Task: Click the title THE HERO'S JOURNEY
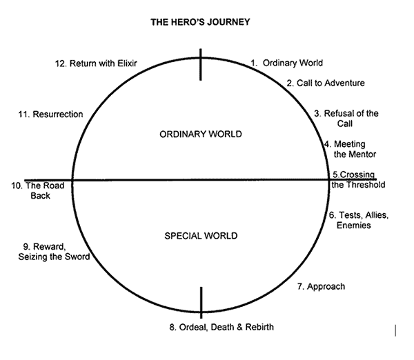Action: pos(200,22)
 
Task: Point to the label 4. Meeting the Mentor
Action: pos(350,149)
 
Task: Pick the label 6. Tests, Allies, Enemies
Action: pos(359,220)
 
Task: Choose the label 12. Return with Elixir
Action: pos(96,63)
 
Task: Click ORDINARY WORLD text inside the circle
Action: pos(200,134)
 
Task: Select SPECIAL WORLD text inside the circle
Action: pos(201,236)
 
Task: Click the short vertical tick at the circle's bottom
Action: pos(201,301)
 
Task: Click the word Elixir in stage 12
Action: pos(126,63)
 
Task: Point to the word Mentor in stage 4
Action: pos(361,154)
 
